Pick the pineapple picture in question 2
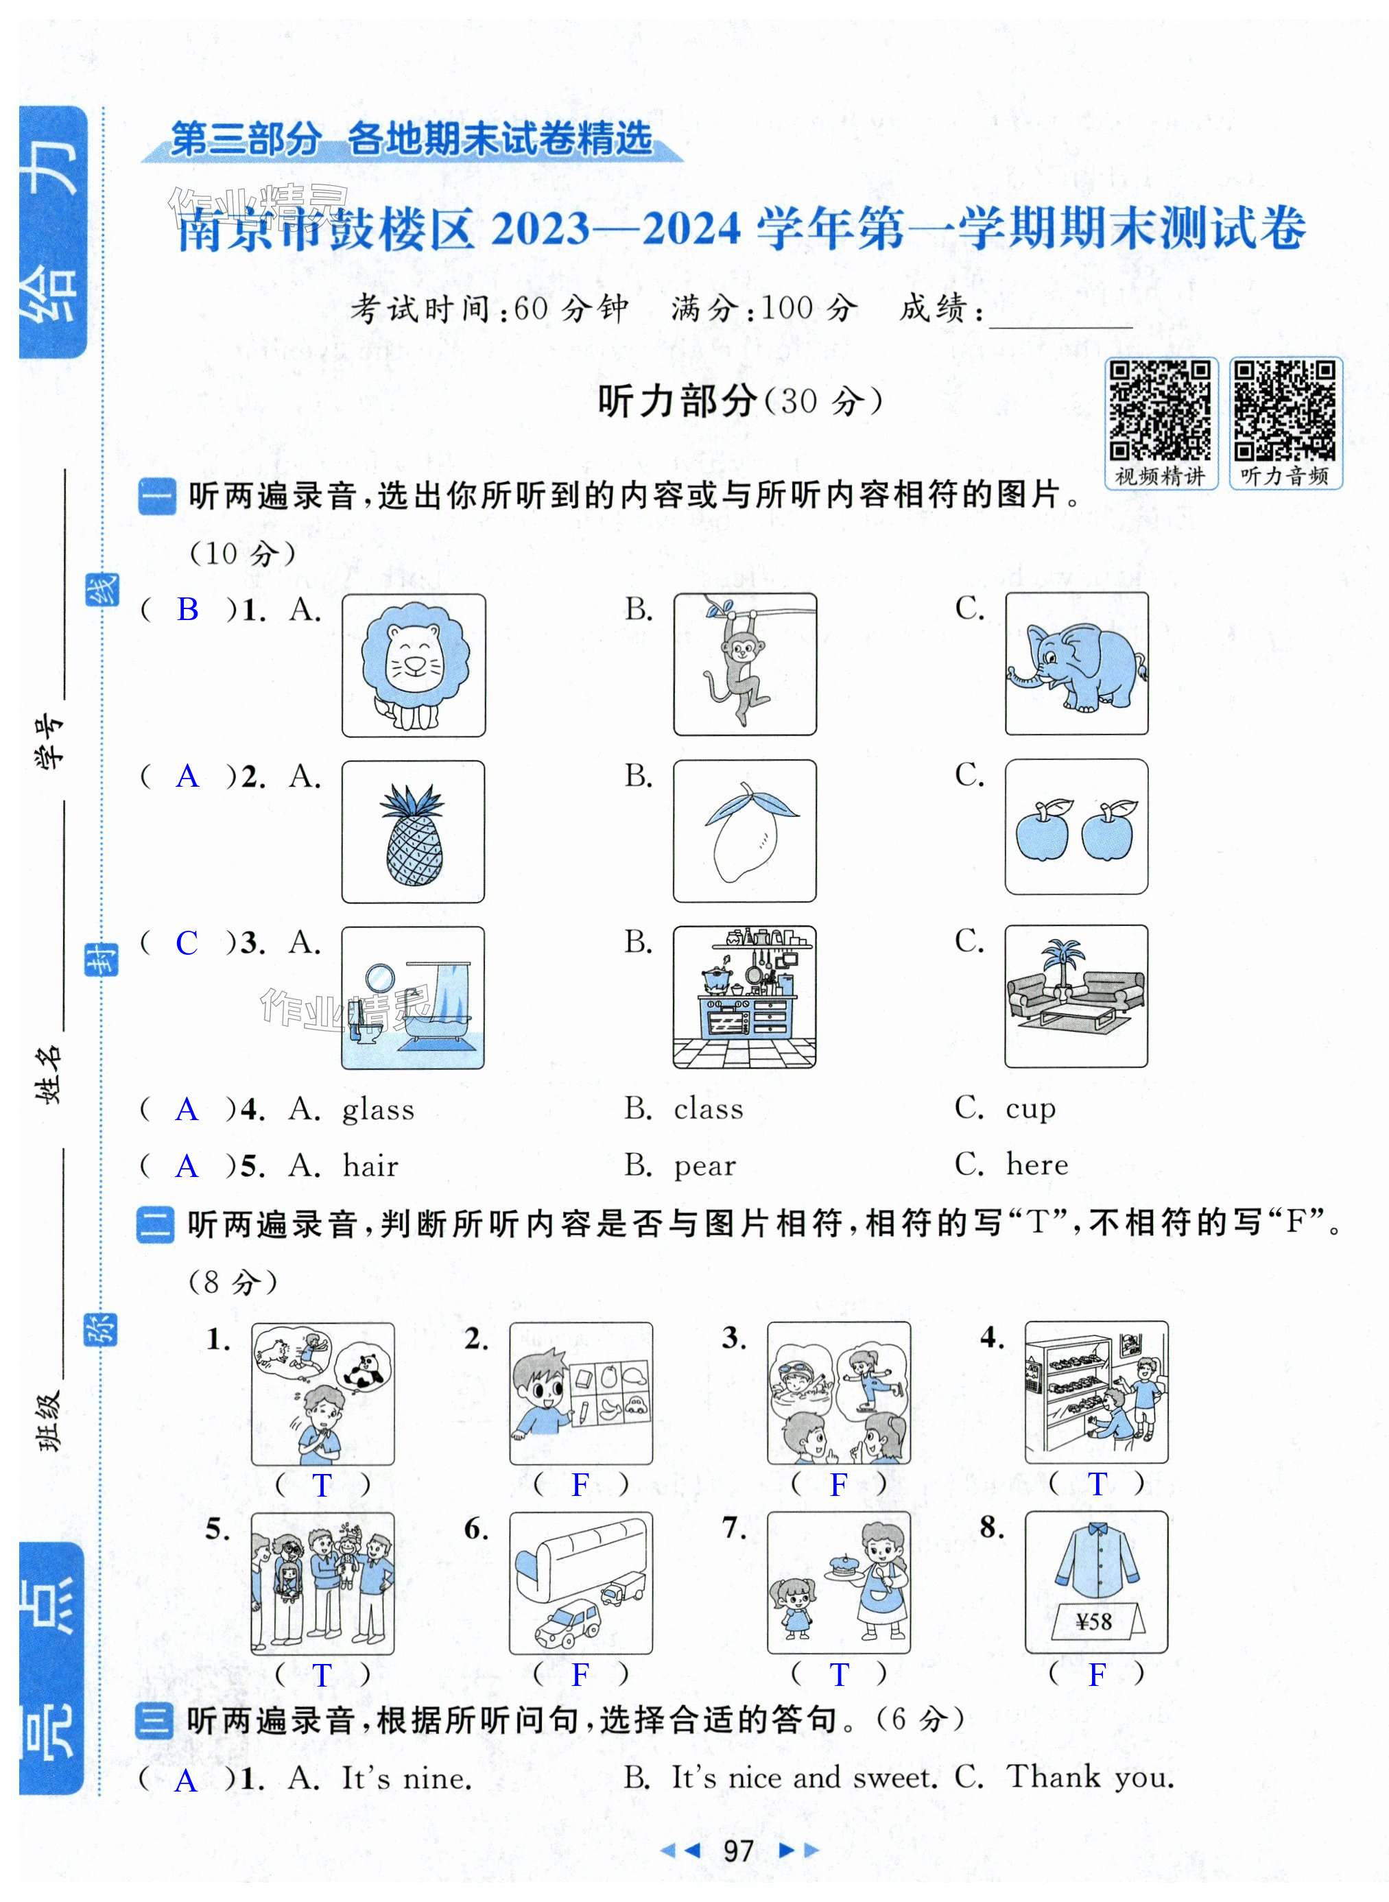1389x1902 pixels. (x=413, y=831)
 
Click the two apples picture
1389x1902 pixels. (x=1076, y=827)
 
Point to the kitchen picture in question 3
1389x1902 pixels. (x=744, y=997)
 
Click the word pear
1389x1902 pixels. (x=704, y=1166)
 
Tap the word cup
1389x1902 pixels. (x=1031, y=1108)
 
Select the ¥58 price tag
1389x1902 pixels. (x=1094, y=1622)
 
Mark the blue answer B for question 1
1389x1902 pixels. (x=187, y=610)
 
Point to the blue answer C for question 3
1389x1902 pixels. (x=187, y=943)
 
